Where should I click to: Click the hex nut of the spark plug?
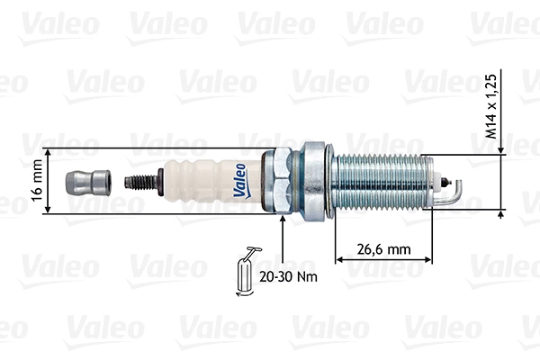pyautogui.click(x=281, y=180)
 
